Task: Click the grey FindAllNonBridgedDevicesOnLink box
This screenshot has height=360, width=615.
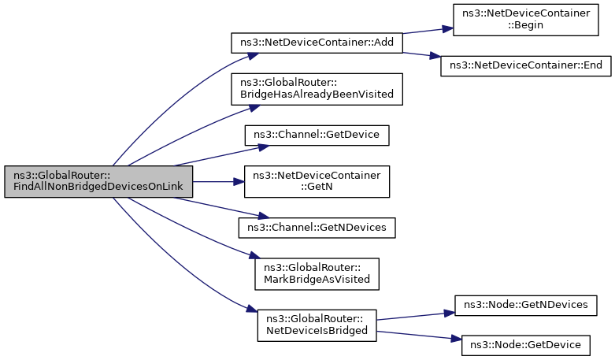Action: (98, 181)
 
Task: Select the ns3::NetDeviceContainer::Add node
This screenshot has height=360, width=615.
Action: (317, 43)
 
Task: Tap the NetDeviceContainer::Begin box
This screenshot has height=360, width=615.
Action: (525, 20)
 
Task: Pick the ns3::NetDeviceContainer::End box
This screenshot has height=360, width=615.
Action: (525, 66)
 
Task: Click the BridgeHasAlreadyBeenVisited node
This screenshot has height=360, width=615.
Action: (317, 89)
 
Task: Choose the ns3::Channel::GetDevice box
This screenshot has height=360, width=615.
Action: (317, 135)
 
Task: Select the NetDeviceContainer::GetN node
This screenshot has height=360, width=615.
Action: (317, 181)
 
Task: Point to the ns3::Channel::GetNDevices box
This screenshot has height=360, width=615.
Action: (317, 228)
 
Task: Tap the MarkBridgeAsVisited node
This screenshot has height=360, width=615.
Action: (317, 274)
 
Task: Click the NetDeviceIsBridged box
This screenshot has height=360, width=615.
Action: (317, 325)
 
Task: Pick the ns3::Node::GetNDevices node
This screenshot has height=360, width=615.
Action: (525, 306)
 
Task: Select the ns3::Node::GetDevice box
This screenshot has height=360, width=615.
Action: (525, 346)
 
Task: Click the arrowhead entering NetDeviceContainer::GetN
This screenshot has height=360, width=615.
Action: (239, 181)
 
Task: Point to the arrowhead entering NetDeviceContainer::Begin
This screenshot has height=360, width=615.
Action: (448, 29)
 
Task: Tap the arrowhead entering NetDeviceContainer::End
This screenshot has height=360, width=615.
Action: (435, 57)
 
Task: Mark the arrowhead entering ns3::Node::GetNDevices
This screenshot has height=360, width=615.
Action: (449, 313)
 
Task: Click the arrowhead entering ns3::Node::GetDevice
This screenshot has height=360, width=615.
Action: (456, 339)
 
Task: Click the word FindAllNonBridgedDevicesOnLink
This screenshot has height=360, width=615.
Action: (98, 187)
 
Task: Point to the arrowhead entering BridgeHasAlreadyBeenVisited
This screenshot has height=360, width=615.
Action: (254, 107)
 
